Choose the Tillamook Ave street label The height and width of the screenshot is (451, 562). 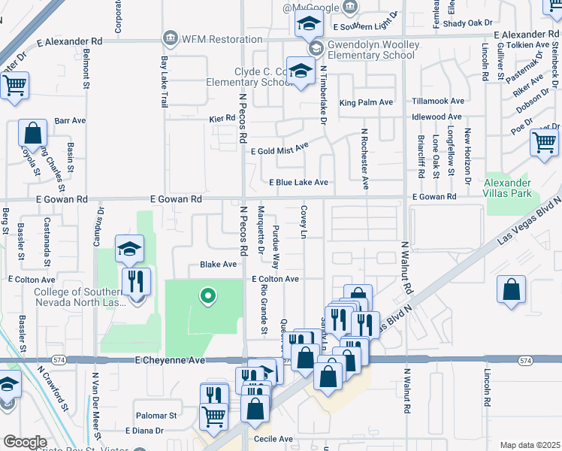point(438,101)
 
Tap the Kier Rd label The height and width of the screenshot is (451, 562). point(222,119)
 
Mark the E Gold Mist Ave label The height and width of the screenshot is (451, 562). point(279,150)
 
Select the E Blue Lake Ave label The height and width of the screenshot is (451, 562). point(299,183)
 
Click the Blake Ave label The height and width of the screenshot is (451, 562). point(218,265)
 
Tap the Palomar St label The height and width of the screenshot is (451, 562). point(156,415)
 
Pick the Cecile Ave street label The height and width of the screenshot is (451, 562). point(273,439)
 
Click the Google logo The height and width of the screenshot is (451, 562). point(25,442)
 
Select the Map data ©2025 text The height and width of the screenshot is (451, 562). point(530,445)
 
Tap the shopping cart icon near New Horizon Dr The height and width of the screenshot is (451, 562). point(544,142)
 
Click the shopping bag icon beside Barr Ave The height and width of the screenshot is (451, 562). point(32,134)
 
